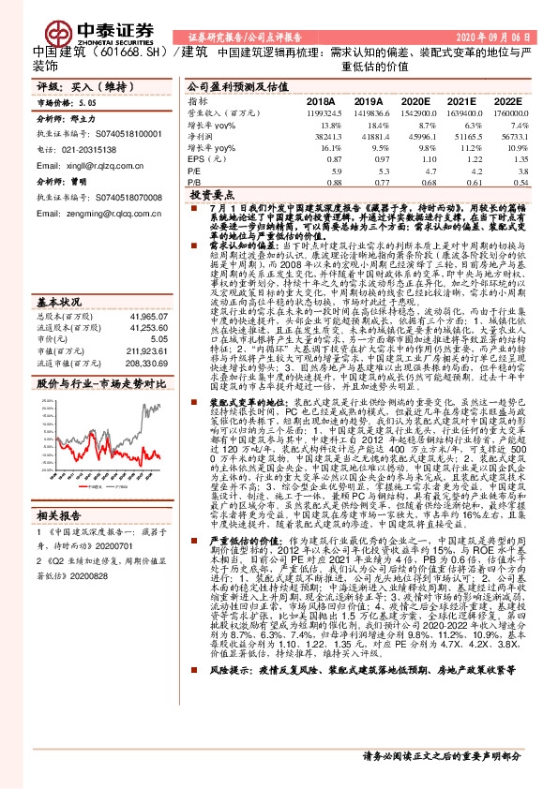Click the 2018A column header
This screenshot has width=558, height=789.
pos(320,100)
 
